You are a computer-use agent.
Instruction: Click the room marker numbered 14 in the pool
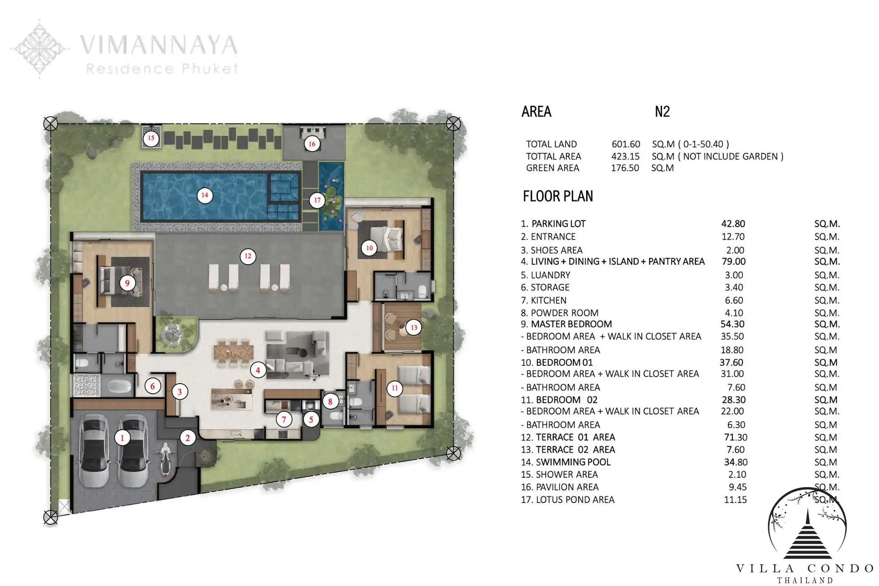point(205,195)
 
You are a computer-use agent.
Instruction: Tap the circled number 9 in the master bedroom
point(127,283)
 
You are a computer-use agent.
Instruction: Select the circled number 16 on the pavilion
point(312,144)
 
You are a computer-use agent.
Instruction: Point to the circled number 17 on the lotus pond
point(317,200)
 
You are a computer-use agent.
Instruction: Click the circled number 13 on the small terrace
point(414,327)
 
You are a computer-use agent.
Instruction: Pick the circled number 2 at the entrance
point(188,438)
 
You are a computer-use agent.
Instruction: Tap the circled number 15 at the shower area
point(151,138)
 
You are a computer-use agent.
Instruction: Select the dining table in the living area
point(233,352)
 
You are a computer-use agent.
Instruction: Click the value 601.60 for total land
point(626,144)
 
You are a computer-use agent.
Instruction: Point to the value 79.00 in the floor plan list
point(733,261)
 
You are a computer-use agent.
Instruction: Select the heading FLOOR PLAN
point(558,196)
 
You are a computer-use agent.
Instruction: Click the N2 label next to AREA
point(662,112)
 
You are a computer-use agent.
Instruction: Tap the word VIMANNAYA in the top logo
point(158,45)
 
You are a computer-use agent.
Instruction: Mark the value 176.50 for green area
point(625,168)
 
